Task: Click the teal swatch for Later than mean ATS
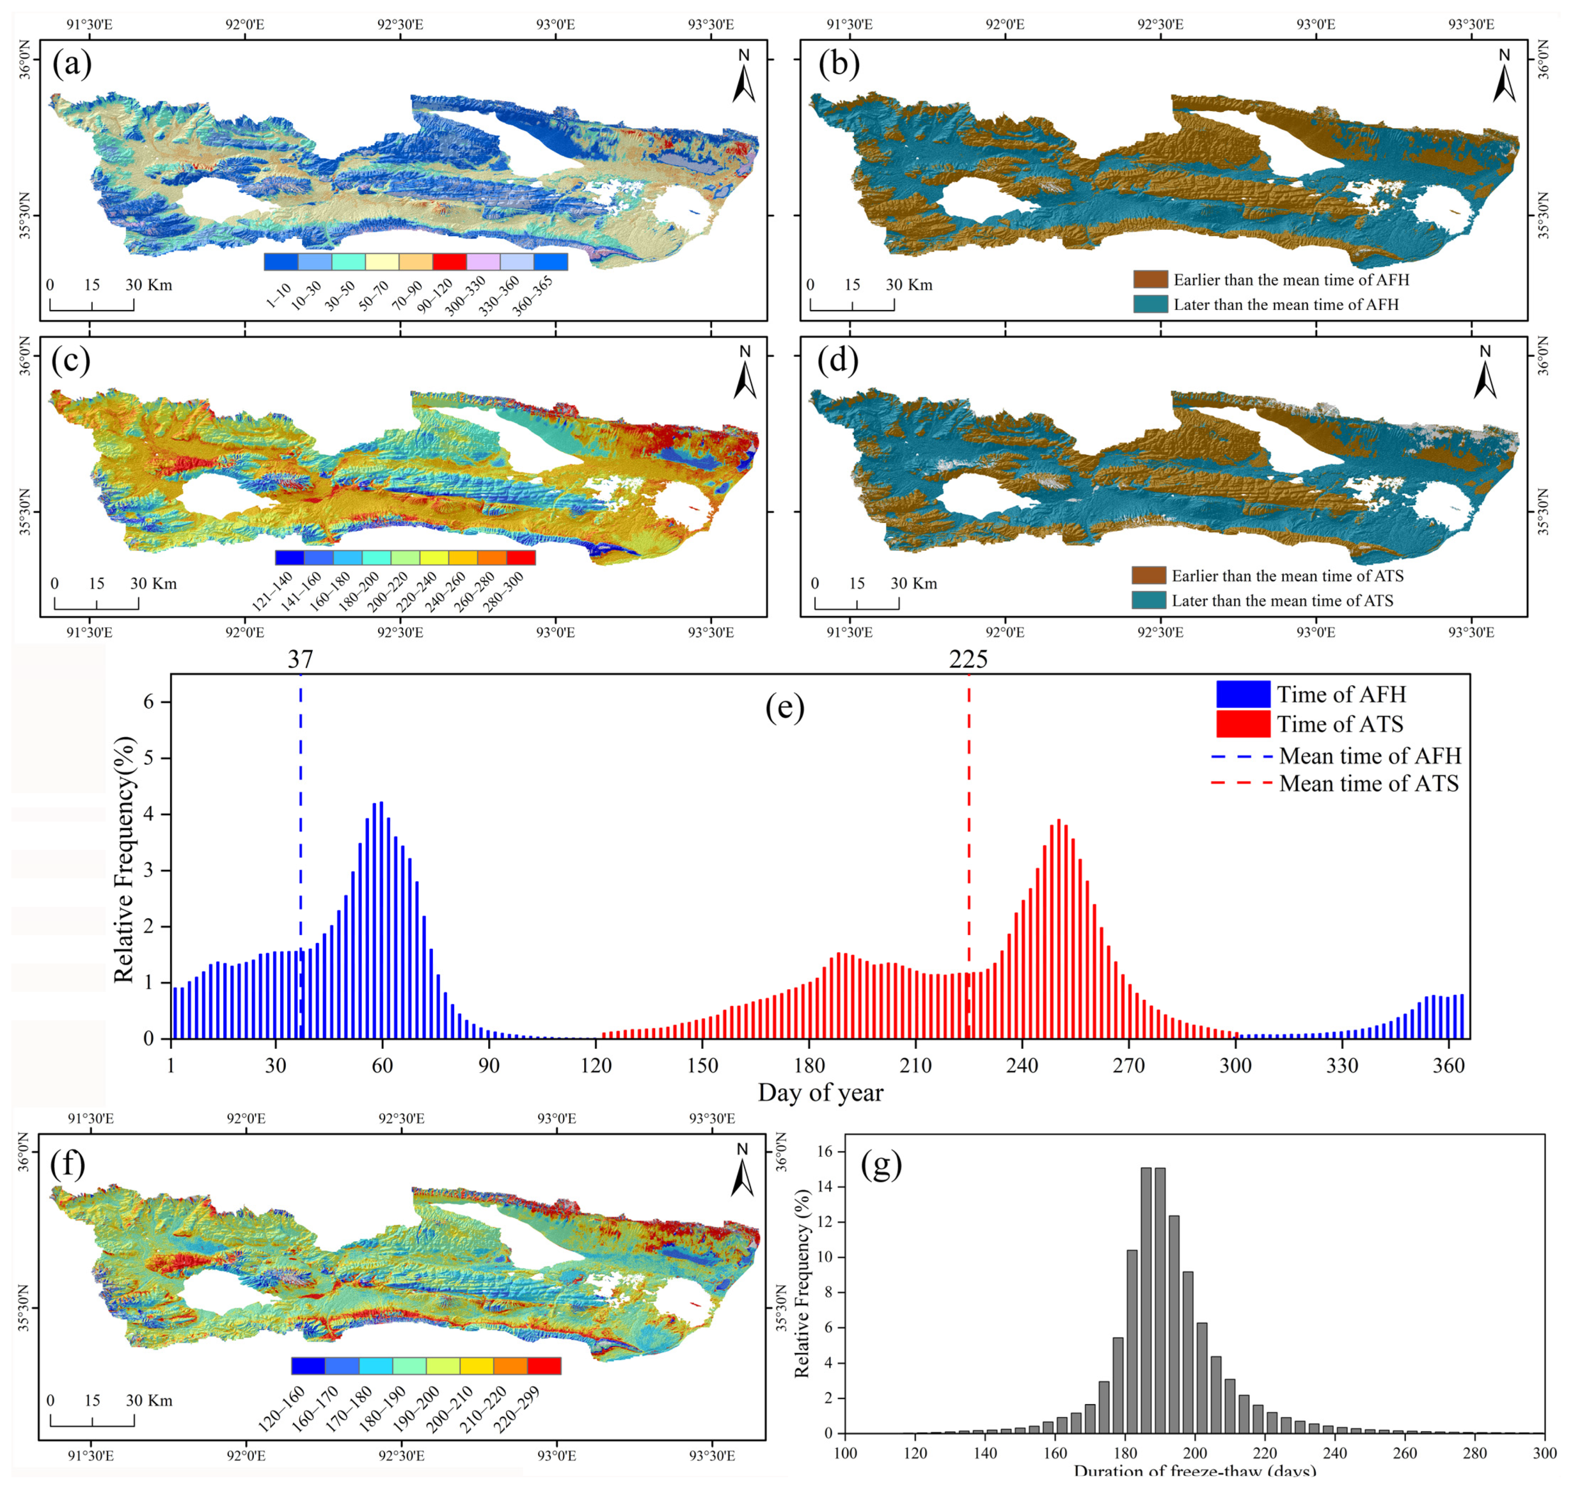(1149, 600)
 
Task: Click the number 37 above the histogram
(300, 659)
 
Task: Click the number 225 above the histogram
(968, 659)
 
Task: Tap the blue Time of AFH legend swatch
(1243, 694)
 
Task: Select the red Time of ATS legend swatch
(1243, 724)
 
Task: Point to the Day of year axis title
(820, 1093)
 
